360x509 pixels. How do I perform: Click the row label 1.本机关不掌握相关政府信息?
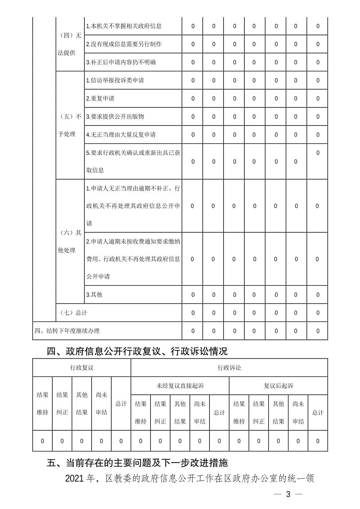[x=124, y=26]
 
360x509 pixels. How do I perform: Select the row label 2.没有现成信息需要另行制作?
[x=124, y=44]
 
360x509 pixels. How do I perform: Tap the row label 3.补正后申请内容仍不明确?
[x=121, y=62]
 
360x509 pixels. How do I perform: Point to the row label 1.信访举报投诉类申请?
[x=115, y=80]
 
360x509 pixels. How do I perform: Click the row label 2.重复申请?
[x=100, y=98]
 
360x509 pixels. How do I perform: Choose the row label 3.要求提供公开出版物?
[x=115, y=117]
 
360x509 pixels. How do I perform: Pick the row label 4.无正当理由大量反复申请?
[x=121, y=135]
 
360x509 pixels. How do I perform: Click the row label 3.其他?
[x=94, y=295]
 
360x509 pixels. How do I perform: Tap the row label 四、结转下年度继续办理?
[x=67, y=331]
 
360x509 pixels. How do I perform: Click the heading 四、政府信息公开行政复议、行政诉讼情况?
[x=137, y=351]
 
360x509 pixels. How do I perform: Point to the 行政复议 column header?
[x=82, y=368]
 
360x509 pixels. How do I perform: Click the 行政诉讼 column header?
[x=229, y=368]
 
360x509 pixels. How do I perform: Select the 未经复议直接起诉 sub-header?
[x=180, y=386]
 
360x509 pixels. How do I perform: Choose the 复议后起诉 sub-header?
[x=279, y=386]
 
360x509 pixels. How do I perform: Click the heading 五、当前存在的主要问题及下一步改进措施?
[x=137, y=463]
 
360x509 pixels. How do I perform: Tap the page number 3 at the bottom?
[x=288, y=494]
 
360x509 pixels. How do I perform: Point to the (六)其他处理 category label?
[x=70, y=241]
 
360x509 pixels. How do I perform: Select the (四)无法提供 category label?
[x=70, y=44]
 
